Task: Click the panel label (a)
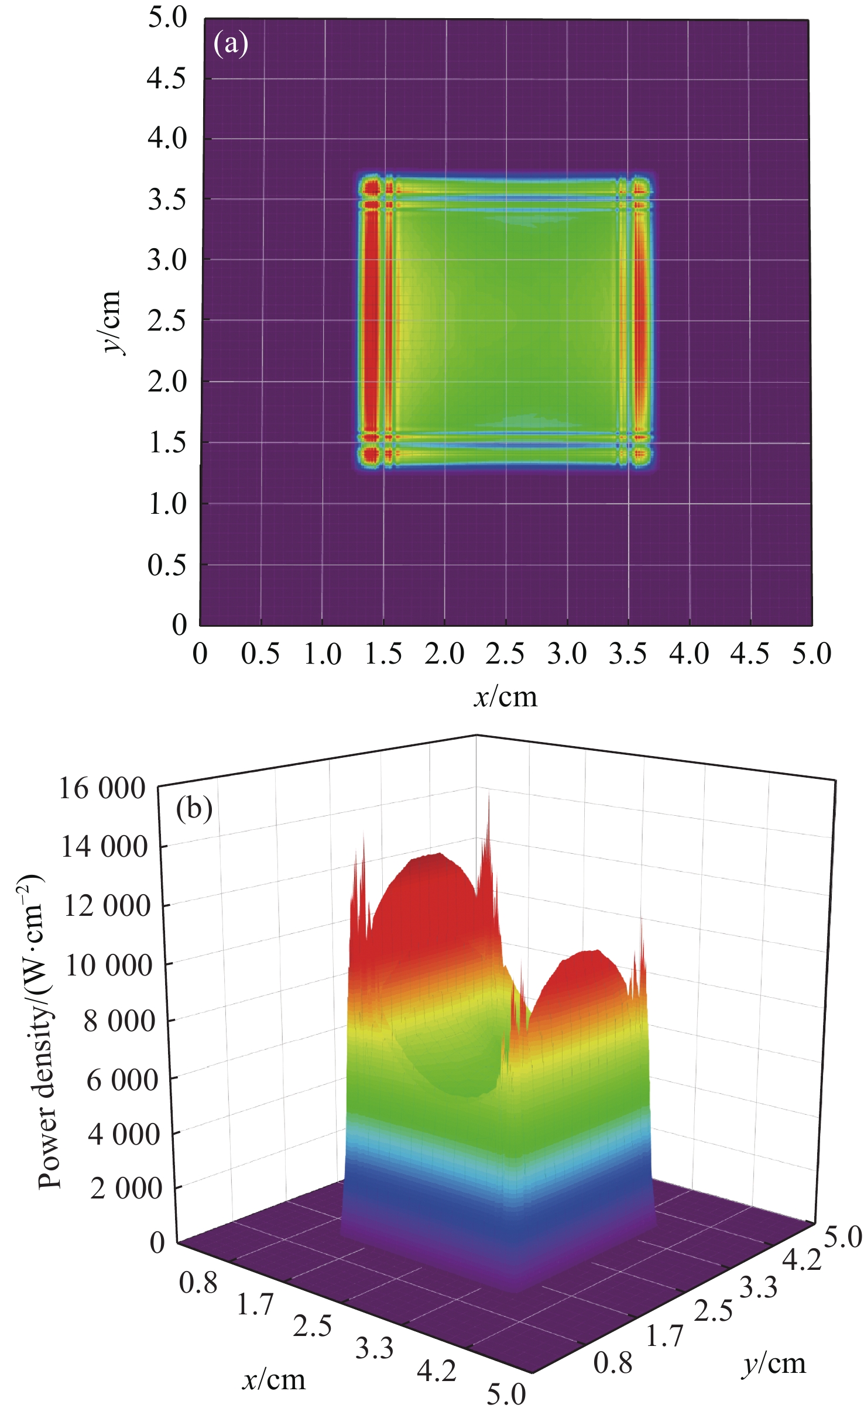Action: point(231,44)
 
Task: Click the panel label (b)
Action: point(194,809)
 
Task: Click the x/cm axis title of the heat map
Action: point(505,697)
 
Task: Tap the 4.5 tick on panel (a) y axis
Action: point(166,78)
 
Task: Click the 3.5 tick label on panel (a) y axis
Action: point(166,200)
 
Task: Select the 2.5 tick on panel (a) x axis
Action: point(505,654)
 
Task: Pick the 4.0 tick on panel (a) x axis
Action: point(689,654)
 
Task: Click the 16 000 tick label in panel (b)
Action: point(102,788)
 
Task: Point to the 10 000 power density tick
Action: point(108,965)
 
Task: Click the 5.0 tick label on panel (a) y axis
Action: point(167,18)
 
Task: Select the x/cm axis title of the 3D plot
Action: point(274,1380)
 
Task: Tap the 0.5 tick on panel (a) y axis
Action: point(166,565)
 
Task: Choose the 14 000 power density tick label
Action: point(104,847)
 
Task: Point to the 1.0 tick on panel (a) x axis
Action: point(323,654)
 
